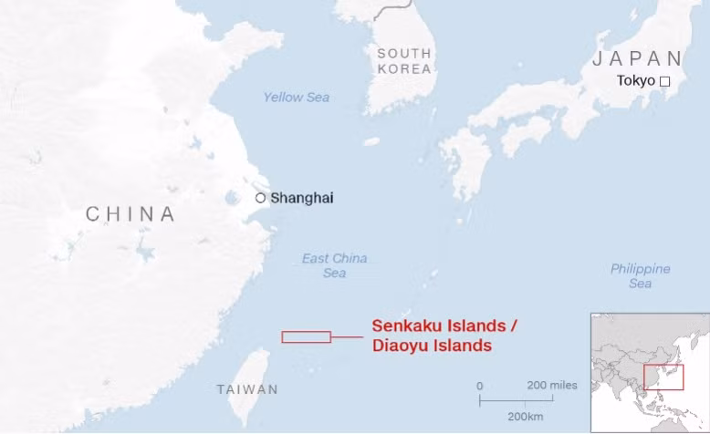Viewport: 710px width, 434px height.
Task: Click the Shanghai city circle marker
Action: point(260,198)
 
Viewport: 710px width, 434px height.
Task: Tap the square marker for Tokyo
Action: point(664,81)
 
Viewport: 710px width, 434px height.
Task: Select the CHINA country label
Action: point(131,214)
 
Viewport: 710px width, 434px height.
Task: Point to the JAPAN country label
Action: point(637,58)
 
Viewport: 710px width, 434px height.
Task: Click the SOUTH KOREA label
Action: point(404,61)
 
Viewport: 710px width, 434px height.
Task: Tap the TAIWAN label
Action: point(247,389)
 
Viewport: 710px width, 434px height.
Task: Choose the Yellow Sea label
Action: point(297,98)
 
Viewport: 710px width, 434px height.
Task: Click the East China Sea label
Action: point(334,265)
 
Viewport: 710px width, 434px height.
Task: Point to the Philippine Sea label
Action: point(640,276)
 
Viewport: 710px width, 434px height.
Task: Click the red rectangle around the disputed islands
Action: point(306,336)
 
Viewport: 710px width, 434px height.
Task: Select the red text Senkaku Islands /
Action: point(444,326)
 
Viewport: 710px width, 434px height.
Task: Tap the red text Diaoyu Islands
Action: point(432,346)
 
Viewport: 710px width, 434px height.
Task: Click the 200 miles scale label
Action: point(551,385)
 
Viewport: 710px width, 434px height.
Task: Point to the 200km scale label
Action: point(526,416)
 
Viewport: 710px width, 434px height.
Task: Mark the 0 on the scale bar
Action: point(480,386)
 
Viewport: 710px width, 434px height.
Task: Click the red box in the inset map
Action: point(663,377)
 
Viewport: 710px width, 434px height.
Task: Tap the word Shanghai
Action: point(302,198)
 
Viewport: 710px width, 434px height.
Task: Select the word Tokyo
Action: point(636,80)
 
